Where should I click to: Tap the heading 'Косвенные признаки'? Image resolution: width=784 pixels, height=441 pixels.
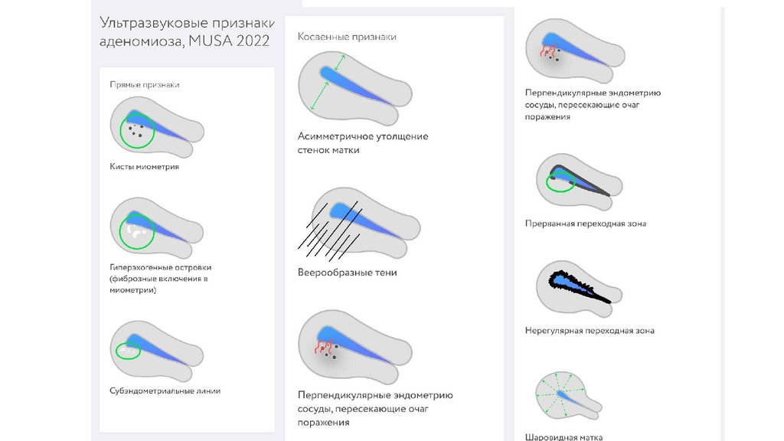pyautogui.click(x=347, y=36)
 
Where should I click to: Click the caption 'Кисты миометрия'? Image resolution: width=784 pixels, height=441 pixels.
pyautogui.click(x=145, y=166)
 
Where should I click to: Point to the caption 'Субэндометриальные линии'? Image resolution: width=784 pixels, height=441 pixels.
pyautogui.click(x=165, y=390)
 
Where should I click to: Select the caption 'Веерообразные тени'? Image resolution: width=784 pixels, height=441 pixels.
pyautogui.click(x=347, y=273)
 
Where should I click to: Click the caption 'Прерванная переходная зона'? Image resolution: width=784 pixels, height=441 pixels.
pyautogui.click(x=585, y=224)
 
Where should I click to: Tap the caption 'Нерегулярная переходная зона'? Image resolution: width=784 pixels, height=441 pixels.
pyautogui.click(x=590, y=331)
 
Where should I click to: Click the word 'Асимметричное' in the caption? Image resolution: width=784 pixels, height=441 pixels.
pyautogui.click(x=335, y=136)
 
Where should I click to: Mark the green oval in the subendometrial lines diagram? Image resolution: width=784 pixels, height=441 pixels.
pyautogui.click(x=129, y=351)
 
